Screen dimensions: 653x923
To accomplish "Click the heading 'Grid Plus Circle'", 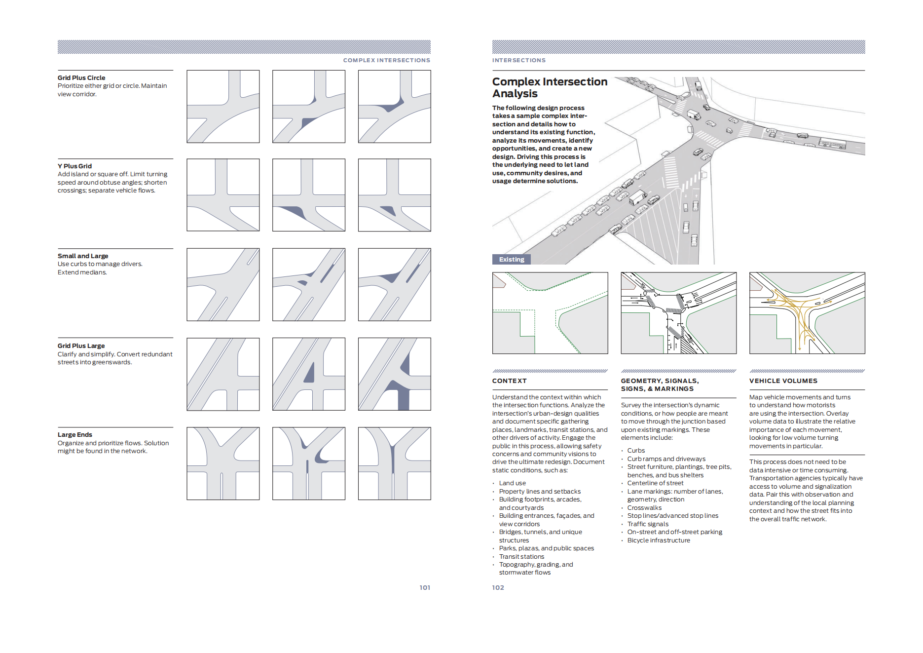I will coord(81,77).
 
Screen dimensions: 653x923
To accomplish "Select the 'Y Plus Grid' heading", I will coord(74,166).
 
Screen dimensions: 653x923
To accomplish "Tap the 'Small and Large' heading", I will coord(83,256).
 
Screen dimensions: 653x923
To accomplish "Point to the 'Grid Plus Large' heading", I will coord(81,346).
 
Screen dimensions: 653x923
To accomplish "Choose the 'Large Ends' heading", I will coord(74,434).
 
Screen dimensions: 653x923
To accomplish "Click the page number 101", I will coord(425,587).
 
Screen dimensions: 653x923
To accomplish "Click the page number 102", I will coord(498,587).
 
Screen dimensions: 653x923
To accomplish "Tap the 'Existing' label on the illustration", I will coord(511,259).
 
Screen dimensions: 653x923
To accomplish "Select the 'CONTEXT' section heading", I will coord(509,381).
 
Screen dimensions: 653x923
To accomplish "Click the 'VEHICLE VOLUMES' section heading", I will coord(783,381).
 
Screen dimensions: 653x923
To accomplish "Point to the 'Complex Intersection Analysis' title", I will coord(549,87).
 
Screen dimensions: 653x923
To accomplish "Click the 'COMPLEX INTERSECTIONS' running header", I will coord(386,60).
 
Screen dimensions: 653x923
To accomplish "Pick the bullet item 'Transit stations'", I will coord(521,556).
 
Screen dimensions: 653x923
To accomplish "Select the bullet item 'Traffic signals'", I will coord(648,524).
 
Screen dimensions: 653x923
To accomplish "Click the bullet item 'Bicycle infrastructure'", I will coord(659,540).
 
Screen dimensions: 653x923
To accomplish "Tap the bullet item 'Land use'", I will coord(512,483).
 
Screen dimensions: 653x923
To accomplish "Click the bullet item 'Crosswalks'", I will coord(644,507).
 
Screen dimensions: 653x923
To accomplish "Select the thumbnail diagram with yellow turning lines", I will coord(807,313).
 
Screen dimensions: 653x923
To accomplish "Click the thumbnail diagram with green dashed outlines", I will coord(550,313).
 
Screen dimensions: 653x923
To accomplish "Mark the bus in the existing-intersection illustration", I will coord(832,144).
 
